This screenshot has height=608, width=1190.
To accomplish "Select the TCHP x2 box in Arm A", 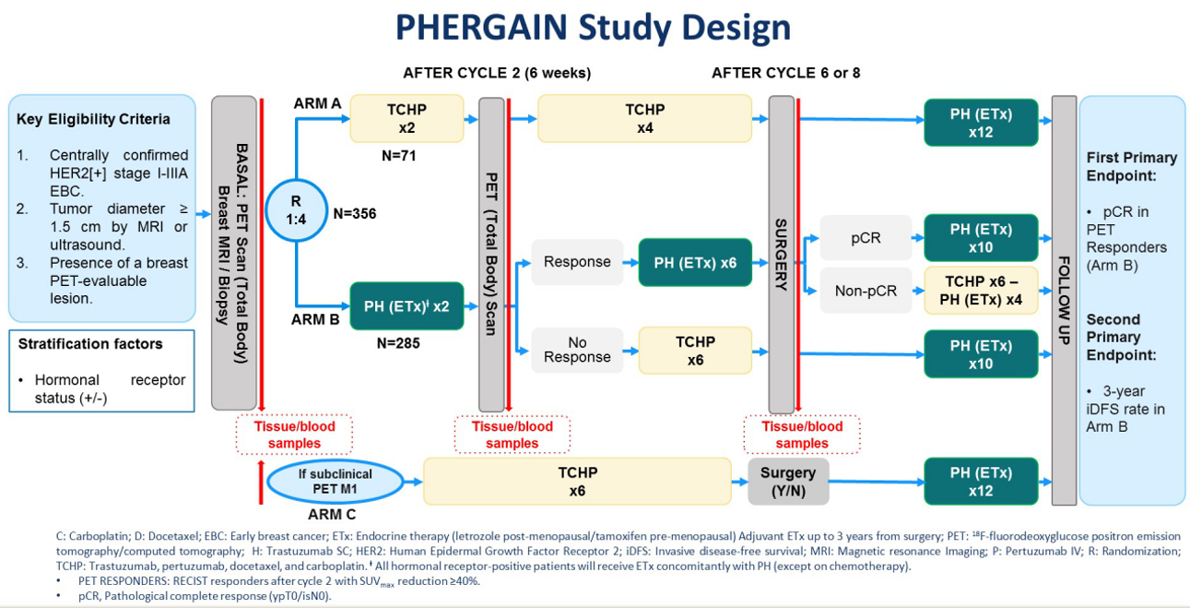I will pos(406,119).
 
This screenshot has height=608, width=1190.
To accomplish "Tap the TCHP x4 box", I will pos(644,119).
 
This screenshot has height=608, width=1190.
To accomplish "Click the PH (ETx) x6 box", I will pos(695,262).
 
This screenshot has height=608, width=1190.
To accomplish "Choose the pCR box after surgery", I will pos(865,238).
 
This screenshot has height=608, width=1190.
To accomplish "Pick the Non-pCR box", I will pos(865,290).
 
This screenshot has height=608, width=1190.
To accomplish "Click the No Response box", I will pos(576,350).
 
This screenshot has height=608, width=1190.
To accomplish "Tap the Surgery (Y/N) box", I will pos(787,482).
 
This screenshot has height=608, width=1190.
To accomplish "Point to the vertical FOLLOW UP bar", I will pos(1063,300).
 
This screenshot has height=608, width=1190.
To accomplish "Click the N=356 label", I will pos(355,214).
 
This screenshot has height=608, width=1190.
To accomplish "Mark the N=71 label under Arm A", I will pos(399,156).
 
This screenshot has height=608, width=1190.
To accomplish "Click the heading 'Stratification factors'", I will pos(90,344).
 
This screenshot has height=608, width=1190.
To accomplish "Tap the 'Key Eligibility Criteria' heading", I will pos(93,119).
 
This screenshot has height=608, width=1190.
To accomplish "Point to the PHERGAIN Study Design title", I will pos(593,28).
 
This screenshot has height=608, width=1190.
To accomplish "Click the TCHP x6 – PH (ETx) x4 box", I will pos(980,290).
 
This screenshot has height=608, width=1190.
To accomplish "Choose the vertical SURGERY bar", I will pos(781,254).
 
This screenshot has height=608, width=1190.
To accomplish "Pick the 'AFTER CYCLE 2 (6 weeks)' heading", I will pos(497,73).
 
